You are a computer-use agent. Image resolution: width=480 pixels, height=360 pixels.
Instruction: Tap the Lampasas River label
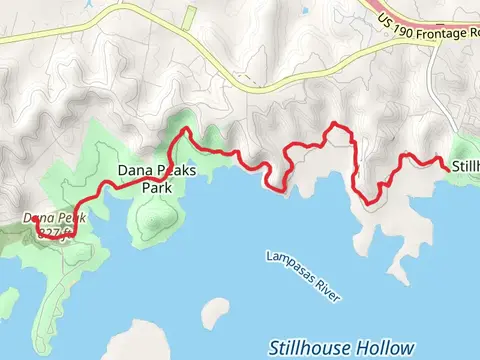pyautogui.click(x=304, y=275)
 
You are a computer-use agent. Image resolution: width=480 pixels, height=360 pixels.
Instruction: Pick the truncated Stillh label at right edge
pyautogui.click(x=465, y=165)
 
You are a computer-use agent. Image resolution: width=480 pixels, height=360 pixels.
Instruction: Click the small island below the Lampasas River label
pyautogui.click(x=214, y=312)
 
